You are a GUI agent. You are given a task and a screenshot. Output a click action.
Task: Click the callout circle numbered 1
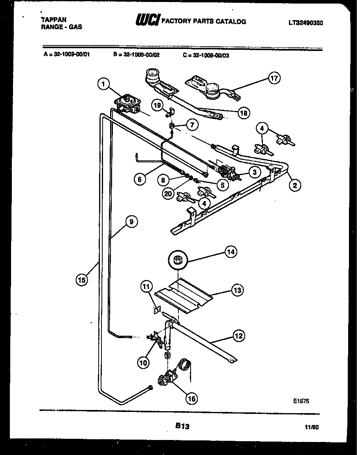coord(103,83)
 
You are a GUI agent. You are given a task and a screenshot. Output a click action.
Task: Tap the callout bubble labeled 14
coord(231,251)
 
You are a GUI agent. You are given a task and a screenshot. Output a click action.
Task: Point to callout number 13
coord(237,290)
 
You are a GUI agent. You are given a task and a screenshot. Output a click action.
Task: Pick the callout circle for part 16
coord(192,399)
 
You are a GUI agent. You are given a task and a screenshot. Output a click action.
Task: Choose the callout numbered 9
coord(131,222)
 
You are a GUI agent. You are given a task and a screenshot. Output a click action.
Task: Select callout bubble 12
coord(239,336)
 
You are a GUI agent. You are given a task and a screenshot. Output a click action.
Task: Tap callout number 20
coord(169,194)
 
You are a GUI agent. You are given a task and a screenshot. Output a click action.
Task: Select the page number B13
coord(182,426)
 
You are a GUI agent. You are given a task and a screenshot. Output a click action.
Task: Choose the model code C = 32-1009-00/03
coord(206,55)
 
